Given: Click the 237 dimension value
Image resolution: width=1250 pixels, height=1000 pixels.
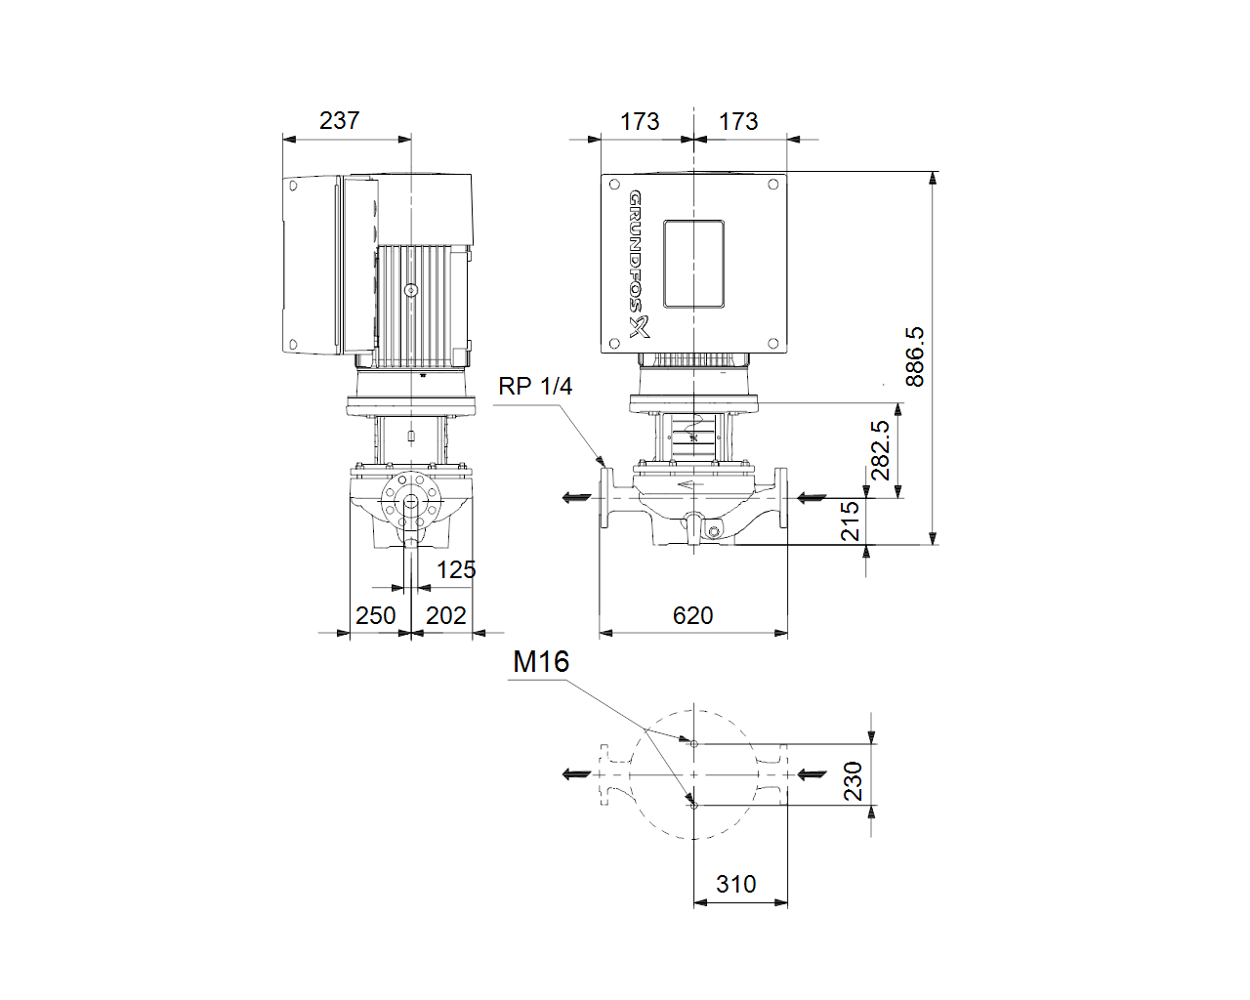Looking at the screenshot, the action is [x=339, y=121].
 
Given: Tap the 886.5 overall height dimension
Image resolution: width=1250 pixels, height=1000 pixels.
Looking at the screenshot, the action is [x=914, y=356].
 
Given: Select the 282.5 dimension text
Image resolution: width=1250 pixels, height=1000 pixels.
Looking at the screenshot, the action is [x=881, y=450].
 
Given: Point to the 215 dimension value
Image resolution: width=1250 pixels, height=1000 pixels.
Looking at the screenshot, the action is [x=850, y=521].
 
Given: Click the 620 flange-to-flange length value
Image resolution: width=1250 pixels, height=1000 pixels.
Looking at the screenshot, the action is [x=693, y=615].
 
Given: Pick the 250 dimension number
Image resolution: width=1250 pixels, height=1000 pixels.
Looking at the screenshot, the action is [x=376, y=615].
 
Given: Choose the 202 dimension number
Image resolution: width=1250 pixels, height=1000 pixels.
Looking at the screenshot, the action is [x=446, y=615].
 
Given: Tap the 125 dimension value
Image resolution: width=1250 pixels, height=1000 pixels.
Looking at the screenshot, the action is [x=456, y=570].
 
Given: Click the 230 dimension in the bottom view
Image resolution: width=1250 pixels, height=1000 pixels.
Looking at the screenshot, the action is [x=853, y=781].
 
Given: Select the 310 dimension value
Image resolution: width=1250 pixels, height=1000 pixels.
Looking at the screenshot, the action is [x=736, y=885].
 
